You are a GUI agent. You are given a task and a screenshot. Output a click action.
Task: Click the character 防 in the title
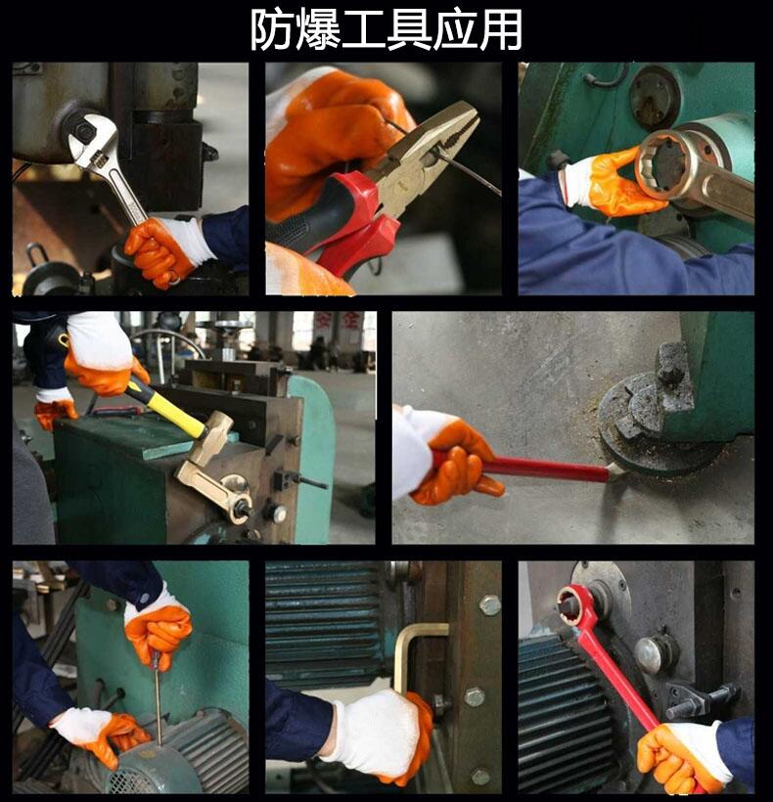click(272, 29)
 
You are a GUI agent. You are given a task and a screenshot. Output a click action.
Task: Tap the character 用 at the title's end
click(501, 29)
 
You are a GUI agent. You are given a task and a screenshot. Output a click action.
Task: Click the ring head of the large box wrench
click(664, 164)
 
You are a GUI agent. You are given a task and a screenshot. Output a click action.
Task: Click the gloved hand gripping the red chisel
click(445, 455)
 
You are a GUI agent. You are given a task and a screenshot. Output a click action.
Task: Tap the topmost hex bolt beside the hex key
click(490, 605)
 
